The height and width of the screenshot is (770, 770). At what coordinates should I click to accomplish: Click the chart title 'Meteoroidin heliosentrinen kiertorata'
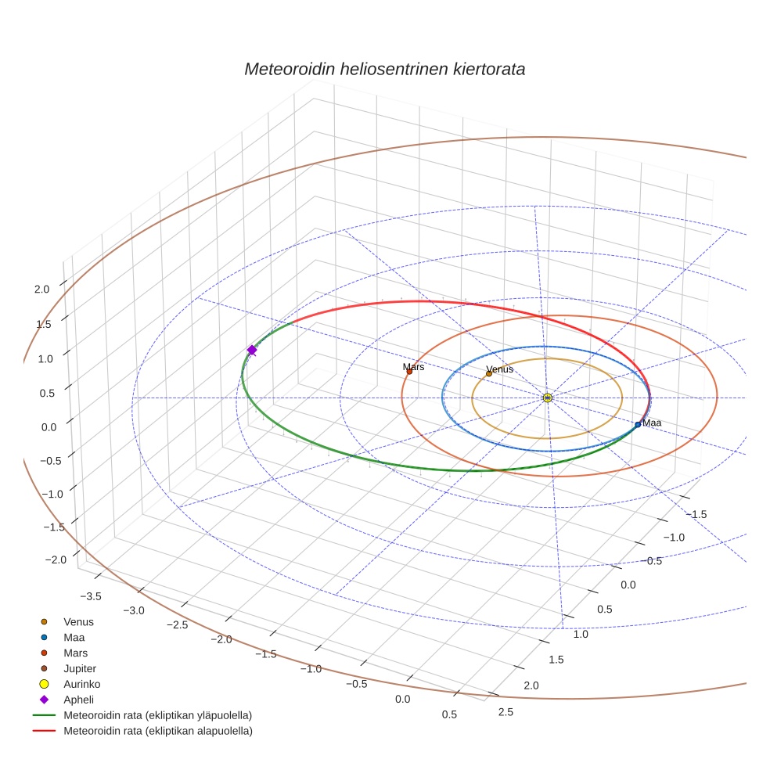(x=384, y=69)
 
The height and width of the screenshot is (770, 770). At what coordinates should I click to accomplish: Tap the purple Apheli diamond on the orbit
(x=252, y=350)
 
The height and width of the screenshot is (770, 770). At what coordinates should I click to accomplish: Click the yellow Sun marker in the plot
(x=548, y=398)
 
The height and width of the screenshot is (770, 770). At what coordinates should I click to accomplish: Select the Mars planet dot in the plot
(x=409, y=372)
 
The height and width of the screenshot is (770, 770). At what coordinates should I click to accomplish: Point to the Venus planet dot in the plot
(x=489, y=373)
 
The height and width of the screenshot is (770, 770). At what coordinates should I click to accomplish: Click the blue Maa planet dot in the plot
(x=638, y=424)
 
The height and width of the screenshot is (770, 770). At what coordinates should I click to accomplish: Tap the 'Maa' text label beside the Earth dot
(x=652, y=423)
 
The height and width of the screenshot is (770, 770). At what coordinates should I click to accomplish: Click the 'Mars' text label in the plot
(x=414, y=366)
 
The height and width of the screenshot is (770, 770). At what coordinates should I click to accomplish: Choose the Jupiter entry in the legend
(x=79, y=668)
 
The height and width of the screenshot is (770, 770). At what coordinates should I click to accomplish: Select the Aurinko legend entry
(x=81, y=684)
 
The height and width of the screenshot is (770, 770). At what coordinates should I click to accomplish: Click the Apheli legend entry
(x=79, y=700)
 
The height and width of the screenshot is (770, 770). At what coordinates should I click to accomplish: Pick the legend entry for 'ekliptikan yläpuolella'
(x=157, y=715)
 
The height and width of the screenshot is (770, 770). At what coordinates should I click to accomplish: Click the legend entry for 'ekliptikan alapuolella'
(x=157, y=731)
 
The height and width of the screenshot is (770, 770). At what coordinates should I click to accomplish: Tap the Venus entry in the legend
(x=78, y=621)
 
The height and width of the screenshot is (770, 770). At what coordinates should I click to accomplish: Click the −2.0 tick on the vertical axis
(x=55, y=560)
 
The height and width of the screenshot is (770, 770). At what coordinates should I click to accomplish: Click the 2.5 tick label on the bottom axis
(x=506, y=711)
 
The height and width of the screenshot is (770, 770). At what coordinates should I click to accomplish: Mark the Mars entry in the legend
(x=75, y=653)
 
